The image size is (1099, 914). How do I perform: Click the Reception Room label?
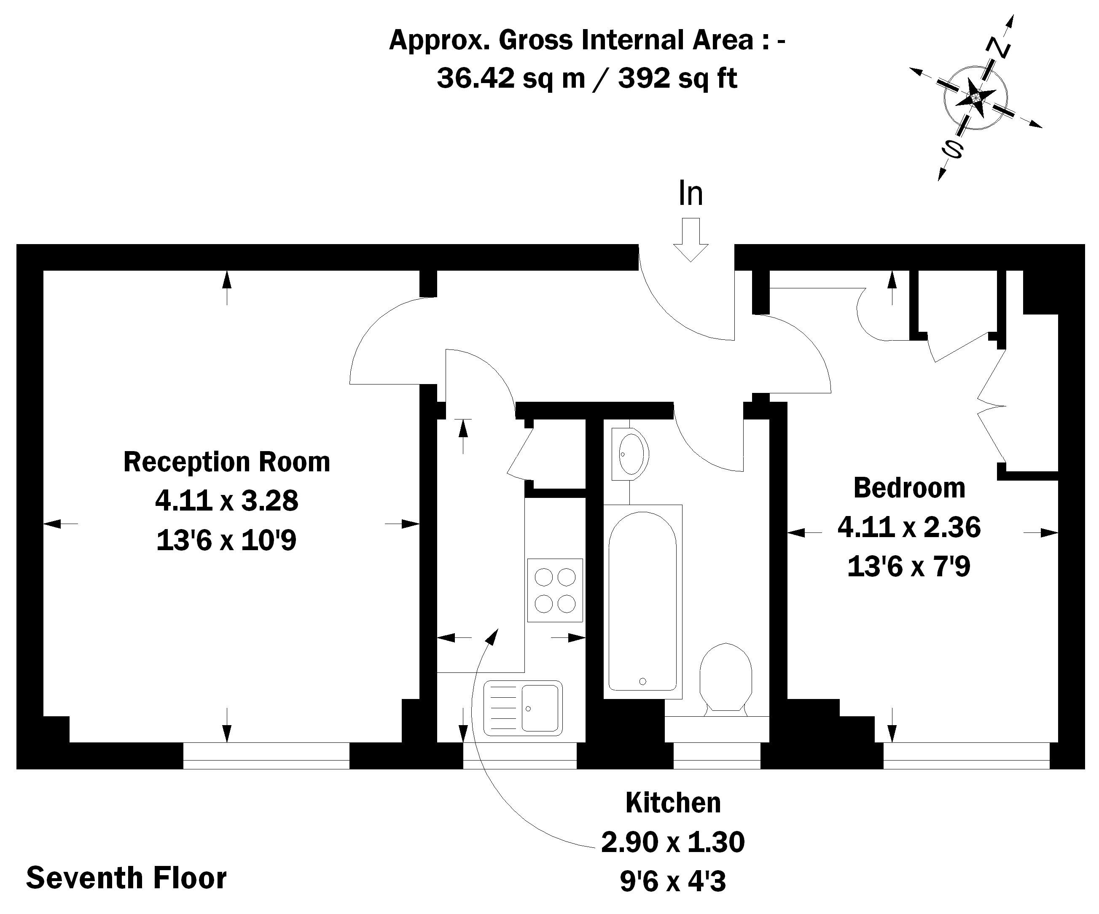tap(227, 462)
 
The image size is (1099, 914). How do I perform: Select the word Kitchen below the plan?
tap(673, 803)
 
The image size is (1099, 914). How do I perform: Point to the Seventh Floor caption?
tap(126, 878)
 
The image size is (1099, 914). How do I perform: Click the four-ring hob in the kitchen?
tap(555, 590)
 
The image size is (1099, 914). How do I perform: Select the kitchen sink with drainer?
tap(523, 708)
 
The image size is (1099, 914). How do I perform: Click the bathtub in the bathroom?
tap(642, 602)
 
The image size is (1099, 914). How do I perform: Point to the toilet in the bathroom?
tap(726, 678)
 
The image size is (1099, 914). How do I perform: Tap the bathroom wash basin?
tap(631, 454)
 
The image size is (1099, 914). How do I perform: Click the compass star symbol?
tap(975, 98)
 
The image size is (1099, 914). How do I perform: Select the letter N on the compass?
tap(998, 48)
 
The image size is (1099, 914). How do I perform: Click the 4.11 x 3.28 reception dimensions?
tap(227, 500)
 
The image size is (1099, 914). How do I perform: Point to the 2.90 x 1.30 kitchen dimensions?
tap(673, 842)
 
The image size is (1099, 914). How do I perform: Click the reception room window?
tap(266, 755)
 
